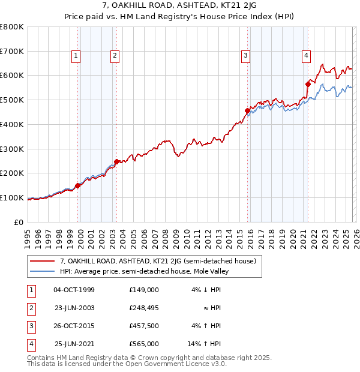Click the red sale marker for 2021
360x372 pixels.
tap(308, 85)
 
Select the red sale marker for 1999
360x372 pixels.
tap(78, 185)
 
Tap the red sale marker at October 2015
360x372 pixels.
tap(247, 110)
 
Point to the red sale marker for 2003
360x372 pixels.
tap(116, 161)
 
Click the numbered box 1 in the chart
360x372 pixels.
tap(76, 56)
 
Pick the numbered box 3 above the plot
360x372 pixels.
tap(246, 56)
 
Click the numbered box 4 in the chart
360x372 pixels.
tap(306, 56)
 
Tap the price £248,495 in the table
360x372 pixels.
tap(143, 308)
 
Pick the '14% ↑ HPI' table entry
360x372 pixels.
tap(205, 344)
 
